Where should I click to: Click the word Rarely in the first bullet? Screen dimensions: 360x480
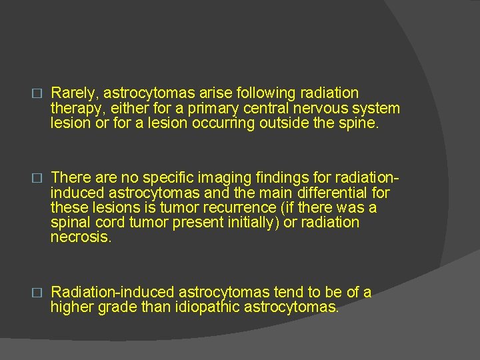coord(71,93)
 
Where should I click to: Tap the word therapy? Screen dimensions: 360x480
coord(74,108)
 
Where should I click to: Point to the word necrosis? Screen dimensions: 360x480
coord(81,237)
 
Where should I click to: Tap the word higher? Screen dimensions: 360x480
coord(72,307)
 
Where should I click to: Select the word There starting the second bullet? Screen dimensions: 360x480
coord(70,177)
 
